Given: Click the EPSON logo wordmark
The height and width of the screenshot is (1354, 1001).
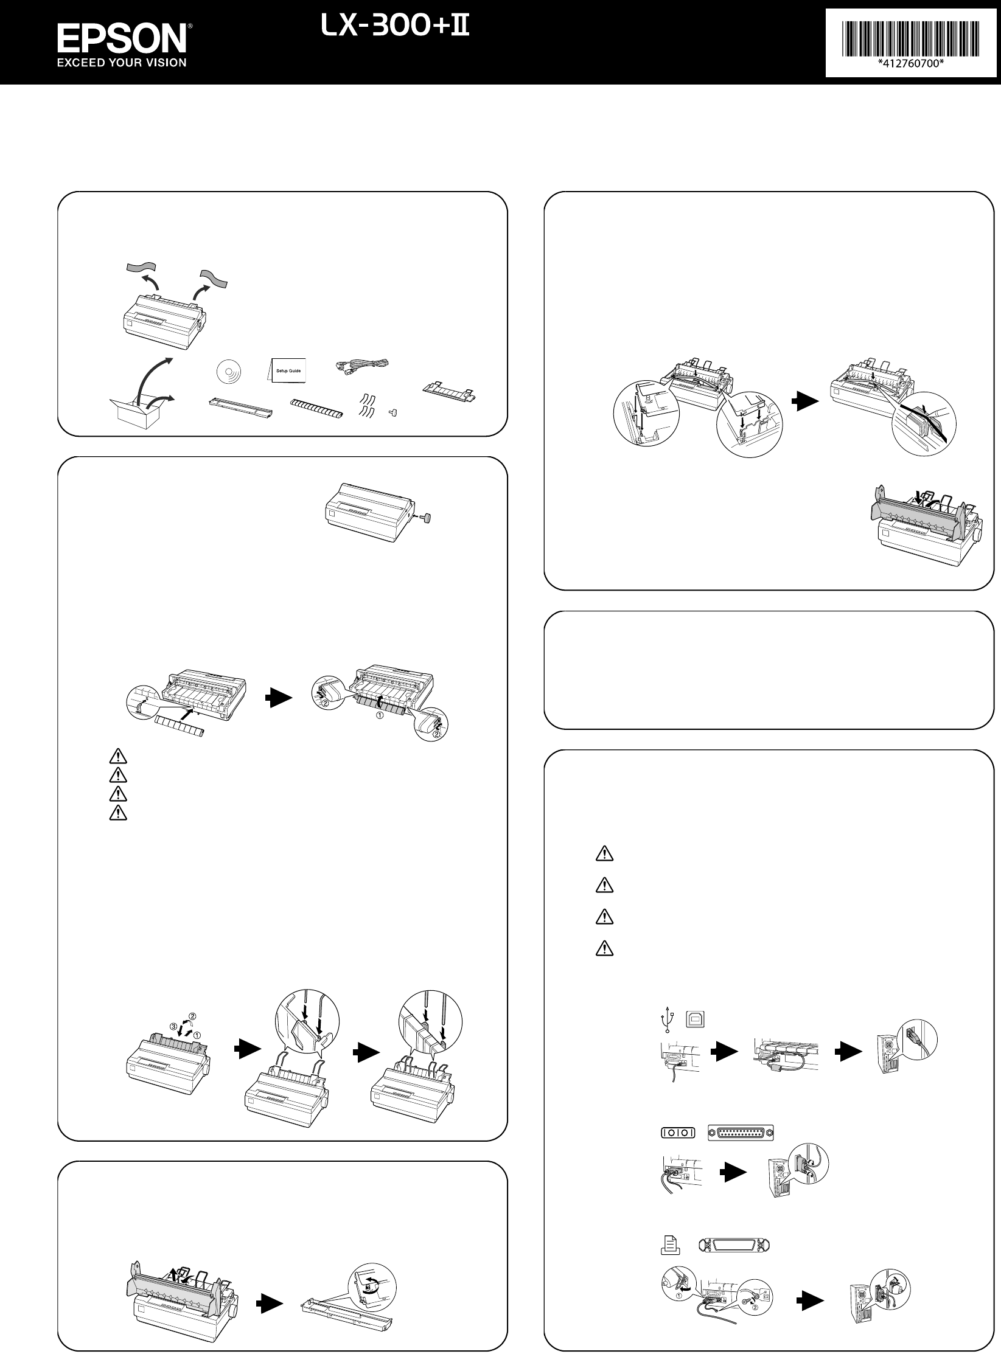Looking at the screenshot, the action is point(122,40).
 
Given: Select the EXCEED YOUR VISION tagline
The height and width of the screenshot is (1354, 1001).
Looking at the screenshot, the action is point(122,62).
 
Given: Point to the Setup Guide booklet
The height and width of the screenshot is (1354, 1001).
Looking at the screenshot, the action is point(288,369).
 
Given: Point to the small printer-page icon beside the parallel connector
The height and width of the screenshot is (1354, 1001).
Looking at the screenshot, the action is point(669,1245).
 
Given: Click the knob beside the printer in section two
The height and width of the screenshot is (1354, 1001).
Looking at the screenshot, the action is point(430,518).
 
